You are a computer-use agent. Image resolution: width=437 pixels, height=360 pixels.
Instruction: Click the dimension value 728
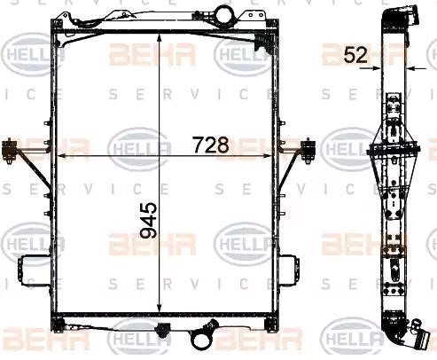coord(211,145)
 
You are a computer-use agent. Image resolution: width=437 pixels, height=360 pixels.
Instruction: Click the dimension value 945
coord(148,220)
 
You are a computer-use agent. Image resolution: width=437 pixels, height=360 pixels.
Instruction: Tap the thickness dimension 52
coord(355,55)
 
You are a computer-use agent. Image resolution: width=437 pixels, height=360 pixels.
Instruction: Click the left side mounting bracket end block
coord(9,150)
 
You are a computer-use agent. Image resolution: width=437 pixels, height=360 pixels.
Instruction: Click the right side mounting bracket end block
coord(308,150)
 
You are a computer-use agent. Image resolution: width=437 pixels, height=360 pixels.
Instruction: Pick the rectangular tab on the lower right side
coord(289,270)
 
